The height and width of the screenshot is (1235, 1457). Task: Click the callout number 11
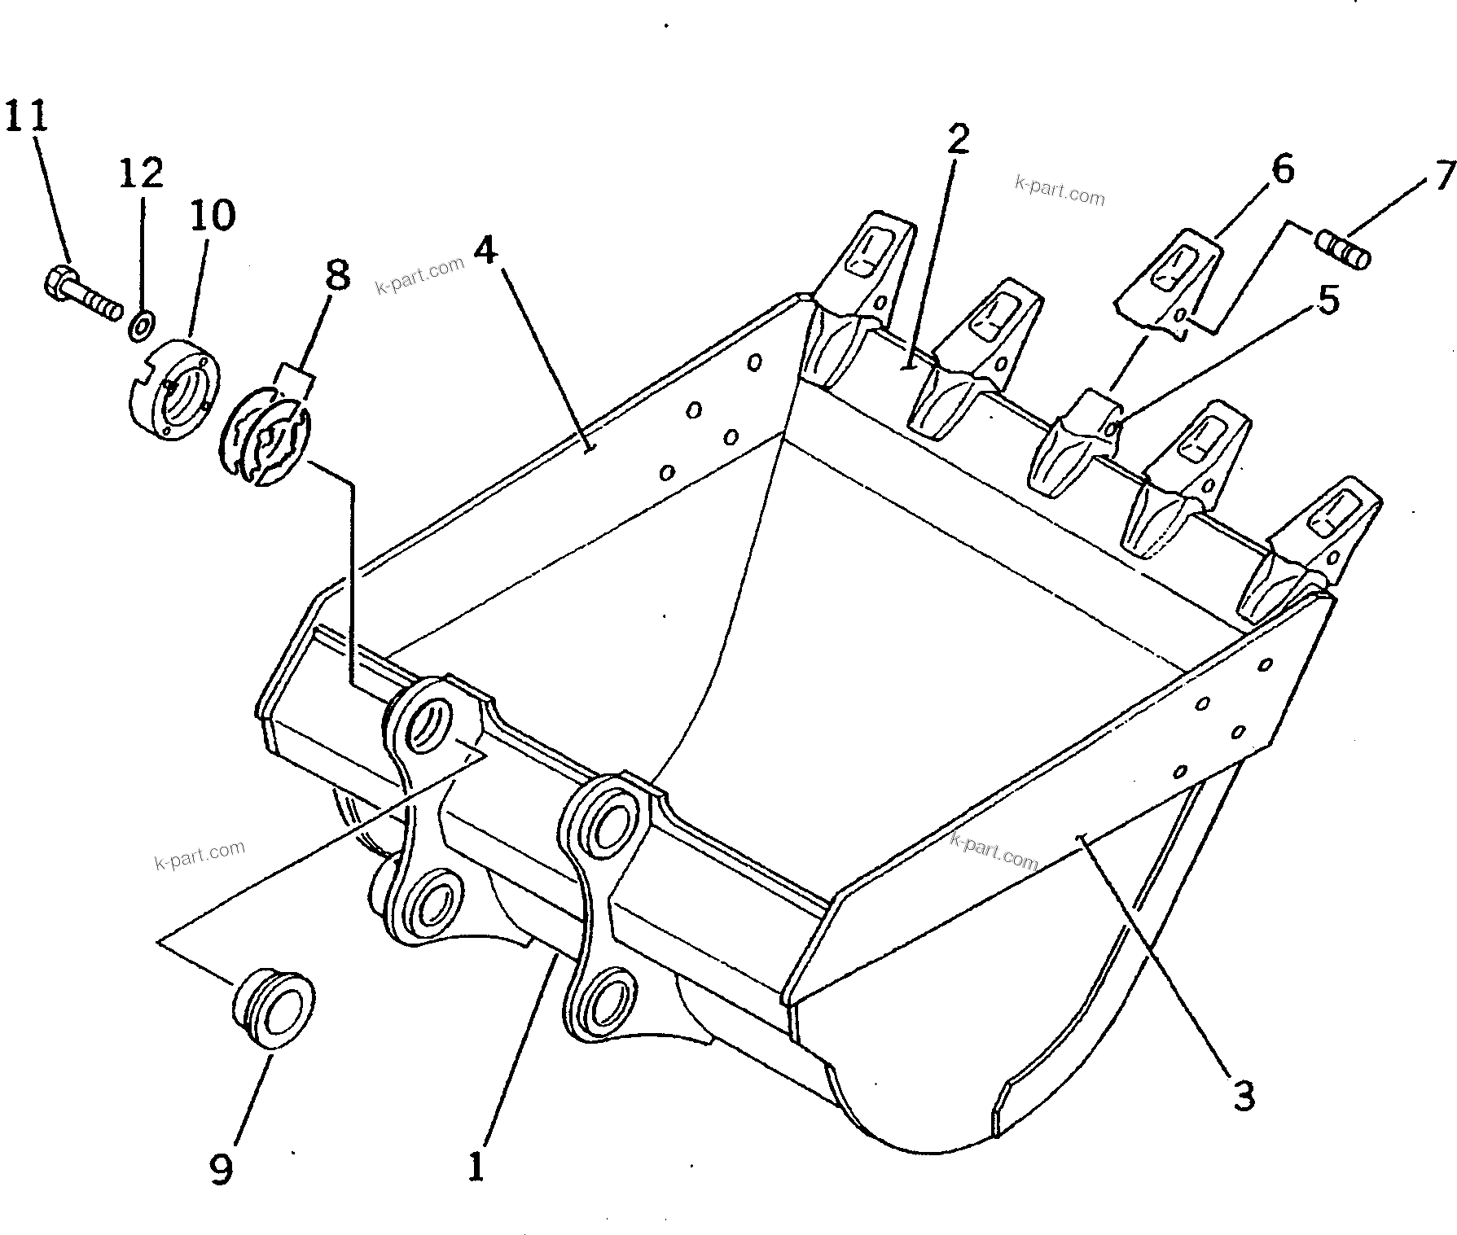click(27, 115)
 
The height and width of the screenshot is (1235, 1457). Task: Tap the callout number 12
click(142, 173)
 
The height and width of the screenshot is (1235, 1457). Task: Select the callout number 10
click(213, 215)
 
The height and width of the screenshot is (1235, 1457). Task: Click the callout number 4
click(485, 250)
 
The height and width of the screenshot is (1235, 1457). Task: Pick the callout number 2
click(958, 139)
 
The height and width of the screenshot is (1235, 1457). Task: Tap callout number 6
click(1281, 170)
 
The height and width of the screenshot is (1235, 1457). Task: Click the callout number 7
click(1442, 175)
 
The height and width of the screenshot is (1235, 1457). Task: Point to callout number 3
click(1243, 1097)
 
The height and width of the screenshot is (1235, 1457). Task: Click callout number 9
click(222, 1169)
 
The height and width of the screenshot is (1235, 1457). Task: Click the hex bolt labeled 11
click(80, 295)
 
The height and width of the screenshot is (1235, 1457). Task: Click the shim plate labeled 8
click(265, 436)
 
